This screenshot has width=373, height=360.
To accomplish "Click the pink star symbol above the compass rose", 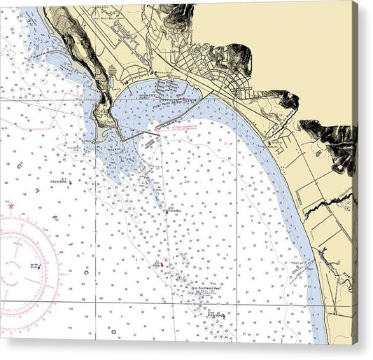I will pos(10,206).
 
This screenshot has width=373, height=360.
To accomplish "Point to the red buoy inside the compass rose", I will pos(38,266).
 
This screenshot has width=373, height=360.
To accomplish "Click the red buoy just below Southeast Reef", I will pos(223,316).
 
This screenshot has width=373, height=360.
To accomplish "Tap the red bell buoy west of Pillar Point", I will pos(69,182).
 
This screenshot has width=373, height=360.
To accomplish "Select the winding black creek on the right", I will pos(329,203).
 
